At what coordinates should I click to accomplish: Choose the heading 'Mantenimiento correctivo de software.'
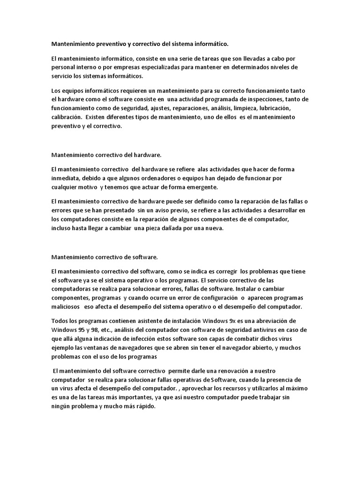(105, 257)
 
